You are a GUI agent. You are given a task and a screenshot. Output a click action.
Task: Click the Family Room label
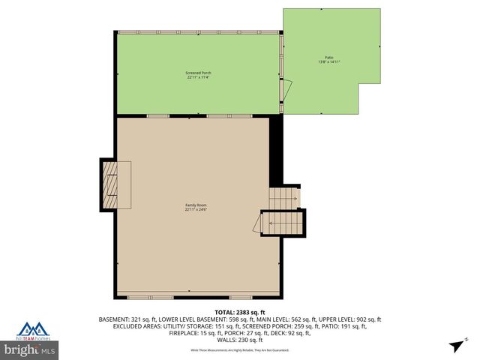196,205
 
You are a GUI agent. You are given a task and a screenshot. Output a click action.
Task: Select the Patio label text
328,57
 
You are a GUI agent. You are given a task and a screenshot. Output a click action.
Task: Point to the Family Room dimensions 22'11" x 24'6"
196,209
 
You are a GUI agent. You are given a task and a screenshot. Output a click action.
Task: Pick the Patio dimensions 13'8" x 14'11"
328,61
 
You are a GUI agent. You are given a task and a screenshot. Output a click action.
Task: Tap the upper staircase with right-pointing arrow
284,198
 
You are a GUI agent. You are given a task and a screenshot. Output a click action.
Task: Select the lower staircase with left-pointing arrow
283,223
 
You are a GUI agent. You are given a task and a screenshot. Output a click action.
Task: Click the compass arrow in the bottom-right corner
454,345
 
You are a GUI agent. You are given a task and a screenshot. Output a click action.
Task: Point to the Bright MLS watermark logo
30,349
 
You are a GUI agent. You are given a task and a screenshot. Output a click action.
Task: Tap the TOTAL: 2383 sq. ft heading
240,312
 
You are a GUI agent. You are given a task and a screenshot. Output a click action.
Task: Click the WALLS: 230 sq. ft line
240,340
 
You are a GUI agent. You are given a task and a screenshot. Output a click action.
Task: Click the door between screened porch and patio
282,89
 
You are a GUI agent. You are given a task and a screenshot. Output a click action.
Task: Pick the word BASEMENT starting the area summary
115,319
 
